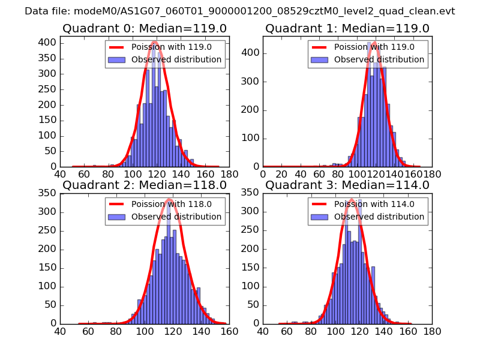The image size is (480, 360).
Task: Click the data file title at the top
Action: [x=240, y=11]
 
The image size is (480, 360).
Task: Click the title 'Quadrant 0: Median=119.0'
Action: [x=143, y=28]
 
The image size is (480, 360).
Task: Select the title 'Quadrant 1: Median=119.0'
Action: [x=347, y=28]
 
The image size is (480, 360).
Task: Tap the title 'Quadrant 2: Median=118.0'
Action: [x=143, y=185]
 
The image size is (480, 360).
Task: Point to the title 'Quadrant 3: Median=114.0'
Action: [x=347, y=185]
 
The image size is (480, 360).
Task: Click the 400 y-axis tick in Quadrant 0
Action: [x=49, y=42]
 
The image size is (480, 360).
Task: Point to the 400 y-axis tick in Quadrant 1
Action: [x=251, y=53]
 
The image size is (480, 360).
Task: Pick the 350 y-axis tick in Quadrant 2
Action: [x=49, y=194]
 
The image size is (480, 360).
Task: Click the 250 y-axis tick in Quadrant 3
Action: [x=251, y=231]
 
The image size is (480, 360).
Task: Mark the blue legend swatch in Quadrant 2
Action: [x=117, y=217]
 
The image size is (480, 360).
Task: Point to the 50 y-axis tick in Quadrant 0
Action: [x=51, y=151]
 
